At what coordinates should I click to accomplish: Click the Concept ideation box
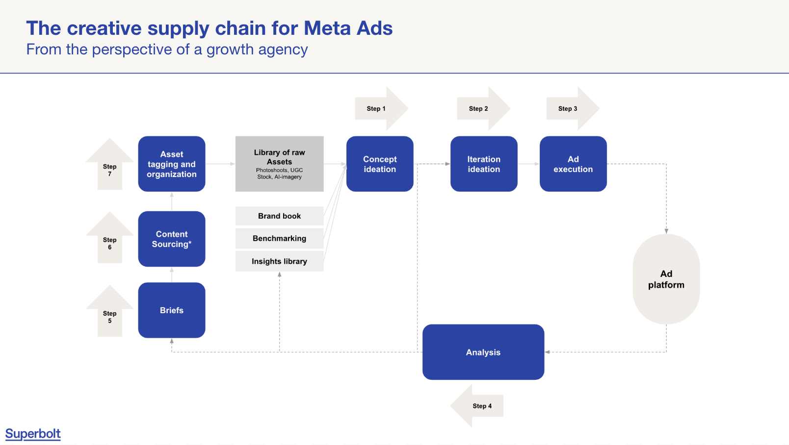(x=380, y=164)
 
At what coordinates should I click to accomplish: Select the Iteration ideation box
(x=484, y=164)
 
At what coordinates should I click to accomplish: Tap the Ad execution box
(x=573, y=164)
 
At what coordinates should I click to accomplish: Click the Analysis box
(x=483, y=352)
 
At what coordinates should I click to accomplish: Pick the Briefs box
(x=172, y=310)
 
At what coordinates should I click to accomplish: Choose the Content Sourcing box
(x=172, y=239)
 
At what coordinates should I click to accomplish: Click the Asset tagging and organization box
(x=172, y=164)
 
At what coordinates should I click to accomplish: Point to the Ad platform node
(x=666, y=279)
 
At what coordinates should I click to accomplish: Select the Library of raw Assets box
(x=280, y=164)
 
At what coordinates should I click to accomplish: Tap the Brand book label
(x=280, y=216)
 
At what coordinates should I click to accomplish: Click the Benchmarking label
(x=280, y=239)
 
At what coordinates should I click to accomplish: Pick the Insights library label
(x=280, y=261)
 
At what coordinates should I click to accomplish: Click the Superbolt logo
(x=33, y=434)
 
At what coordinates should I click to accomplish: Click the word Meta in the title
(x=327, y=28)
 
